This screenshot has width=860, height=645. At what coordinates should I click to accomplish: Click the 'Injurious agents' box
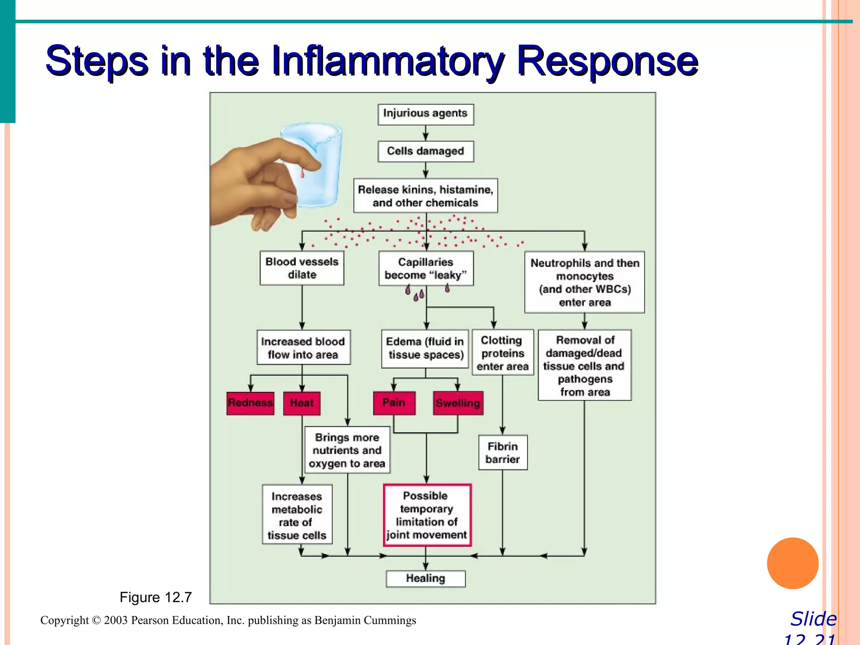pos(425,114)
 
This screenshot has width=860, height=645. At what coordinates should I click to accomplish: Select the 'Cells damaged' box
pos(425,151)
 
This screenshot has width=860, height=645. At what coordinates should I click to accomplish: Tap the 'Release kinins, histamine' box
pos(425,196)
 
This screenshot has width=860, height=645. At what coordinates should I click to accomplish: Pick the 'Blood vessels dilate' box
pos(302,268)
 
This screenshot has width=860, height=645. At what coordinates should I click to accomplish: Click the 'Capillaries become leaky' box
pos(425,268)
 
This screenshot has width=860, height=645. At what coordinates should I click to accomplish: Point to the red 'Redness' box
pos(250,403)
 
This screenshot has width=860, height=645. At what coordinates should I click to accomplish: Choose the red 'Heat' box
pos(302,403)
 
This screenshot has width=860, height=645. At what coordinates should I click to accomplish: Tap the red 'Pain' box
pos(394,403)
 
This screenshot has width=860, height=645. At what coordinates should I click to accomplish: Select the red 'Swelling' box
pos(458,403)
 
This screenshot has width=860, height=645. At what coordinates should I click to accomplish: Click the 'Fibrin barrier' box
pos(503,452)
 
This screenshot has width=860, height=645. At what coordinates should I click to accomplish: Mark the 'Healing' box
pos(425,579)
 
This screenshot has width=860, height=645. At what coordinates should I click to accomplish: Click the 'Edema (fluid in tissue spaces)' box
pos(425,349)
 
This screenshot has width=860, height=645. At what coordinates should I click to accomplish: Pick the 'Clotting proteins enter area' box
pos(503,353)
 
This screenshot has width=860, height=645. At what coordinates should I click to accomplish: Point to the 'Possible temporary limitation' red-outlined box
pos(427,515)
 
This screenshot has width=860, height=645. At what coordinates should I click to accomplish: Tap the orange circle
pos(792,563)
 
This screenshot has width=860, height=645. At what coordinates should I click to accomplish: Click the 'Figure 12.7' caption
pos(156,597)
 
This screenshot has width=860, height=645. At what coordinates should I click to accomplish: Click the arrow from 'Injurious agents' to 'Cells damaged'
pos(425,134)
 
